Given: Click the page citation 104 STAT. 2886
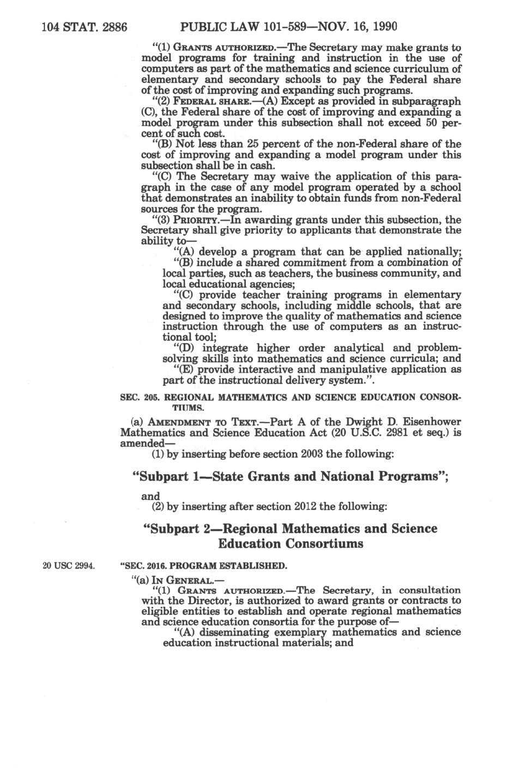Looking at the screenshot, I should [85, 26].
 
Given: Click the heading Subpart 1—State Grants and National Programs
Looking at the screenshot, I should [291, 476].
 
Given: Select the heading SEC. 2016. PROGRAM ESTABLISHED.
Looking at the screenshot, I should [203, 565].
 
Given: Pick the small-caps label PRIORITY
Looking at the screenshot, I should [197, 220].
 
